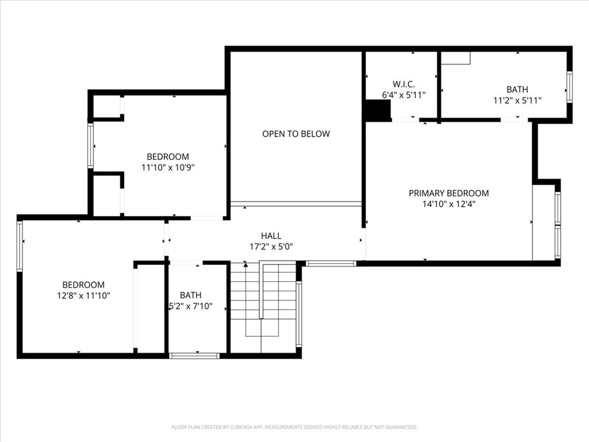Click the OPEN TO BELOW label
296,134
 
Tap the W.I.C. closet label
404,84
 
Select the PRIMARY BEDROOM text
449,193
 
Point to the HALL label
271,236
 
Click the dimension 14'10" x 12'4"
449,204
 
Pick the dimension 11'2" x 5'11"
517,100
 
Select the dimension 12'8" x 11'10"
83,296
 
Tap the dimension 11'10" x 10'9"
167,167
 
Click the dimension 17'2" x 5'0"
271,247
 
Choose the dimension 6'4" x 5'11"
404,95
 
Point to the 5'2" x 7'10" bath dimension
190,306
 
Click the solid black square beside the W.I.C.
378,110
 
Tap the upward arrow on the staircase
246,264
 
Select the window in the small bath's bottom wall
194,356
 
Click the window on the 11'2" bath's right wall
569,87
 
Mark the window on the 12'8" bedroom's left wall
20,246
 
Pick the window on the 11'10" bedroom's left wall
90,146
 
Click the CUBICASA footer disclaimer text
294,428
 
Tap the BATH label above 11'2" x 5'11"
517,89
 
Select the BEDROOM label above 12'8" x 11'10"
83,285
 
